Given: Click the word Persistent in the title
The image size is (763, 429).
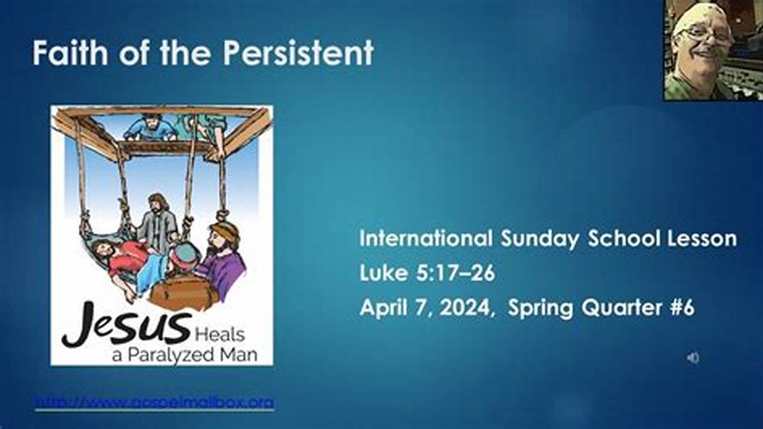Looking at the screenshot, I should point(298,53).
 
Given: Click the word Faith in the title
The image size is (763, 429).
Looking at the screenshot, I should point(70,53).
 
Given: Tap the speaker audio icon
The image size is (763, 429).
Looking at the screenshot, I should point(693,357).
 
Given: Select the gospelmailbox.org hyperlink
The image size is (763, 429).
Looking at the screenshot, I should point(154,403).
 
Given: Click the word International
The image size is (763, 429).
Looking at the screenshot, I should point(426,239).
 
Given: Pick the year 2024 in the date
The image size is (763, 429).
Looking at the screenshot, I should point(470,309).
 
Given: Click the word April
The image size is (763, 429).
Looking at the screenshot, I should point(382,309).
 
